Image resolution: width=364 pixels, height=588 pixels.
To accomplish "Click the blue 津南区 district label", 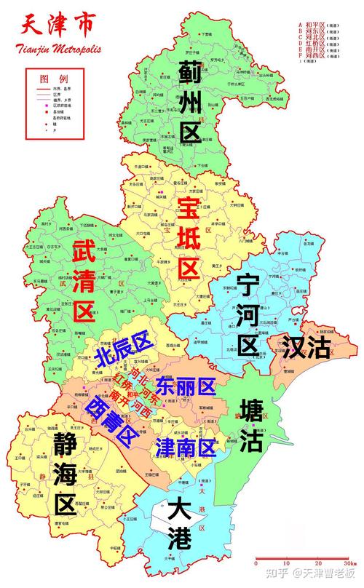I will click(186, 447).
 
